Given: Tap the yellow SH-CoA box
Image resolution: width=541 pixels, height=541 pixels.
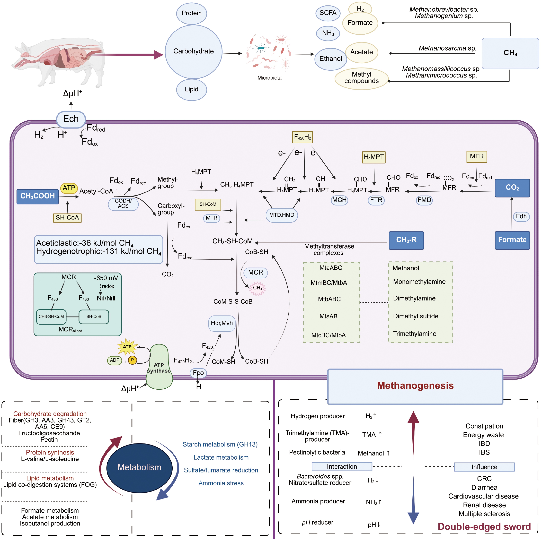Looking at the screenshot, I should click(x=67, y=217).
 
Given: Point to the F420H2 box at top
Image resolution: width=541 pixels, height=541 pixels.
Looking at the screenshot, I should click(x=302, y=137).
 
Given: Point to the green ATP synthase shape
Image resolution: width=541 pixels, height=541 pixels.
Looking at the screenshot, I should click(x=159, y=367).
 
